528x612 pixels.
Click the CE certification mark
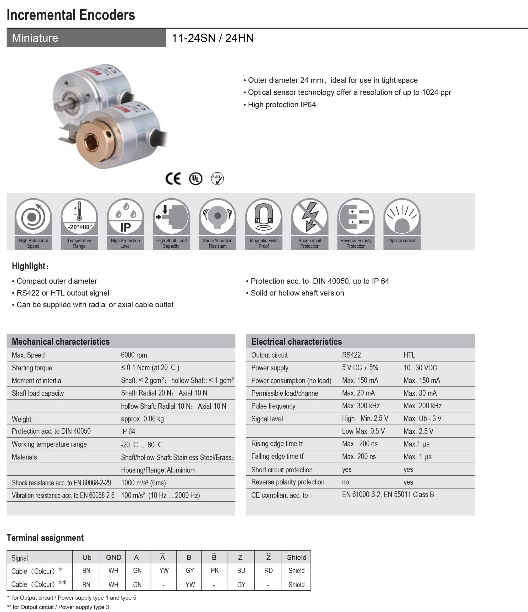point(173,178)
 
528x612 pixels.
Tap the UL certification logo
point(196,179)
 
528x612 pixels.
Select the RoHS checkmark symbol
point(217,178)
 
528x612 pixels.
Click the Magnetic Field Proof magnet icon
point(263,217)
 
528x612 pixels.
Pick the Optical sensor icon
point(402,217)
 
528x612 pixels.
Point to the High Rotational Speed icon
point(33,217)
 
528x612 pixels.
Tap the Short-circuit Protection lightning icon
point(310,217)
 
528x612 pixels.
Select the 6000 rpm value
point(134,355)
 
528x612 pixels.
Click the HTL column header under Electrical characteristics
point(409,355)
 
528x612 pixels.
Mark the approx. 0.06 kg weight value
point(142,419)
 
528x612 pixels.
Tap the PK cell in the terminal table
point(215,570)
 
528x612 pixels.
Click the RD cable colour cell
point(268,570)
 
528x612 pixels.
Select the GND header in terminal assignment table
point(113,557)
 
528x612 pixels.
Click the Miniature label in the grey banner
point(35,38)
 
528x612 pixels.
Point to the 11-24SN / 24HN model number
point(213,38)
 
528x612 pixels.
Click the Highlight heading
point(30,266)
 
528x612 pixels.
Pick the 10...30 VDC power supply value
point(420,368)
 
